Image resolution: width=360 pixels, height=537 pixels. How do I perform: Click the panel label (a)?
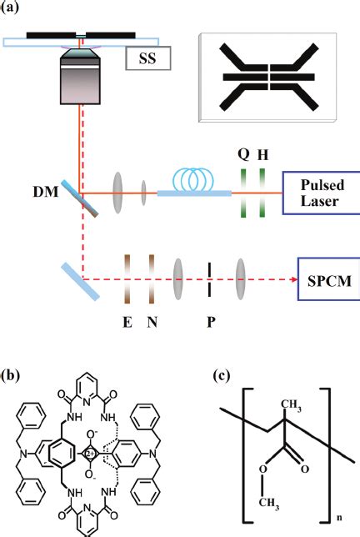14,11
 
